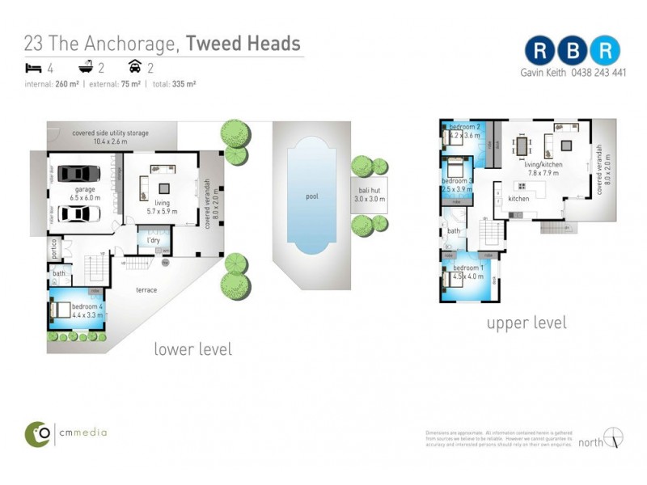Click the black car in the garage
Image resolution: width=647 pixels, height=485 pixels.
point(77,174)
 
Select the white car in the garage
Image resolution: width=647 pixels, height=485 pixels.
point(77,213)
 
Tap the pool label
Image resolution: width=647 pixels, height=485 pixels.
point(312,196)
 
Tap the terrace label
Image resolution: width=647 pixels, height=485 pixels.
point(146,289)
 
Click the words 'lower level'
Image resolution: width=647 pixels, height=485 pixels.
point(192,349)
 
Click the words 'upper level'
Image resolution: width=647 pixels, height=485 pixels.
point(526,323)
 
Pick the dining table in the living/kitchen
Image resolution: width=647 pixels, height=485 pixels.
point(522,147)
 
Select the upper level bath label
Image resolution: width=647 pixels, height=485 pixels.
point(453,231)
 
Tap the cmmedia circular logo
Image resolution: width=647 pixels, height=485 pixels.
point(37,433)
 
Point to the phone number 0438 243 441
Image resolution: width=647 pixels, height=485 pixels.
point(598,72)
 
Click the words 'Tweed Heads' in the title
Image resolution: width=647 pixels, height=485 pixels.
point(243,43)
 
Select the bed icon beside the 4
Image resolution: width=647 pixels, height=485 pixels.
point(33,68)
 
